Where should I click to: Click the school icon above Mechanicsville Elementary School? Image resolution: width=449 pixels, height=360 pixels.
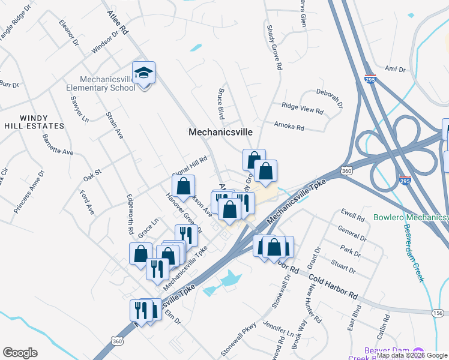pyautogui.click(x=143, y=74)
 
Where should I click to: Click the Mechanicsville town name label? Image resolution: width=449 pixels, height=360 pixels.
pyautogui.click(x=220, y=132)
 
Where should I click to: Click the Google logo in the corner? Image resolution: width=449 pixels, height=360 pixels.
pyautogui.click(x=20, y=353)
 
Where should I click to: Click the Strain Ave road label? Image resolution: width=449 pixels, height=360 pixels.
pyautogui.click(x=114, y=125)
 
